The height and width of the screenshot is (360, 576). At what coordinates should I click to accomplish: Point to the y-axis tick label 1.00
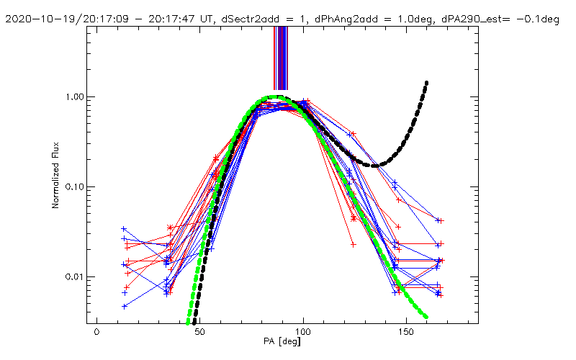74,96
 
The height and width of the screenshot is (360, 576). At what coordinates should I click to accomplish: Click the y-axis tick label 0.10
74,186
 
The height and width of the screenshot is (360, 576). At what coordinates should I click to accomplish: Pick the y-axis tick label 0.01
74,276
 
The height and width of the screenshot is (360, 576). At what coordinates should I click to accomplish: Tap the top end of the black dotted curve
427,83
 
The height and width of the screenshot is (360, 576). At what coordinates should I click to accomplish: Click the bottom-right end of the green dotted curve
426,317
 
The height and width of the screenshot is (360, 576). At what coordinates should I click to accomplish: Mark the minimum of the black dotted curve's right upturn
375,166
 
